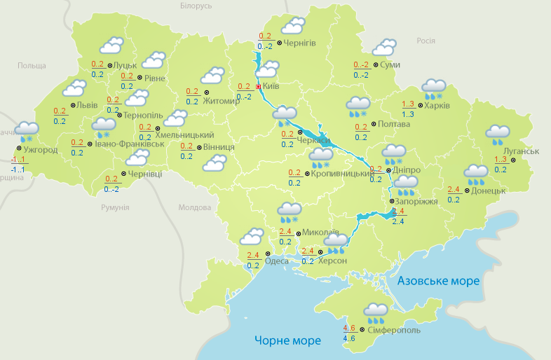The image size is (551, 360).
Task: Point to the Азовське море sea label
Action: (438, 281)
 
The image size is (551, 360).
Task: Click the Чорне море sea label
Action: (287, 340)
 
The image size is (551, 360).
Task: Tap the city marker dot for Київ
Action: (258, 87)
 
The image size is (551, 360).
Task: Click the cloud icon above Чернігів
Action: (292, 27)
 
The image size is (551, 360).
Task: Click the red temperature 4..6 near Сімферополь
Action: (349, 328)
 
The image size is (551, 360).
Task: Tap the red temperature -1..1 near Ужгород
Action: (18, 160)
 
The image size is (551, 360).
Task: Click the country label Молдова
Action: (194, 208)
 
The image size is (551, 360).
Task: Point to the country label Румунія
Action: (115, 208)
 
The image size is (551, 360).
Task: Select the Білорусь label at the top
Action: (196, 6)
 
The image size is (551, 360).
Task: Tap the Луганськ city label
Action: (521, 151)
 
